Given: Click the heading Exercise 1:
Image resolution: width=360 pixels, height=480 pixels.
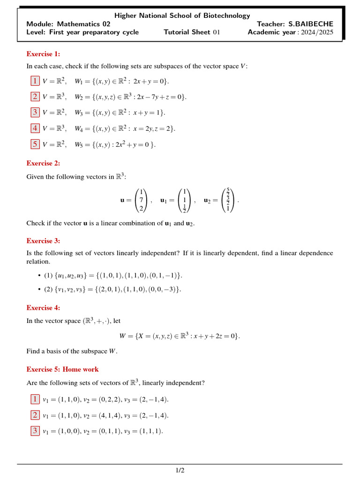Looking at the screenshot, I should (x=43, y=54).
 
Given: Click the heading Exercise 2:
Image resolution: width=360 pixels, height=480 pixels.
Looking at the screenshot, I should (x=43, y=163).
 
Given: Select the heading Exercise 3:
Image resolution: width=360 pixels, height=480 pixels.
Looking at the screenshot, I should (x=43, y=240).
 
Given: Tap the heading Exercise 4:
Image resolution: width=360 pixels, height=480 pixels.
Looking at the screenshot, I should (x=43, y=307).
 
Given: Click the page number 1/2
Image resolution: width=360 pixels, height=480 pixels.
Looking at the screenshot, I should (x=180, y=470).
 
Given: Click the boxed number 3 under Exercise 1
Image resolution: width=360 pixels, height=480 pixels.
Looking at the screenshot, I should (x=35, y=112).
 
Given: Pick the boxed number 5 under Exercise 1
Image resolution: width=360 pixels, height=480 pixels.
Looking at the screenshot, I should (x=35, y=144).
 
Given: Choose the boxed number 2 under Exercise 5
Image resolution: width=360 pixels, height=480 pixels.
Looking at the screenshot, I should (x=35, y=415).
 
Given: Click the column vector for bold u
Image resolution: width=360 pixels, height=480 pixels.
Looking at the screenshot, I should (x=141, y=201).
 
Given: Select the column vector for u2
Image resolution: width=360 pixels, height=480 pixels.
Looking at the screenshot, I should (x=228, y=201).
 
